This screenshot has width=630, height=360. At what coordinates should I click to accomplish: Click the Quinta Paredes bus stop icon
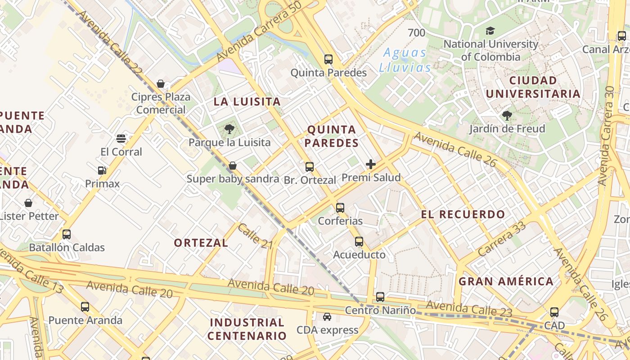tap(328, 59)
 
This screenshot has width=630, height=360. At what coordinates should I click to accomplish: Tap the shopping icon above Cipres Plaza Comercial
tap(160, 84)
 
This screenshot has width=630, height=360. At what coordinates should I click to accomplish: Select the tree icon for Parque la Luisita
tap(229, 130)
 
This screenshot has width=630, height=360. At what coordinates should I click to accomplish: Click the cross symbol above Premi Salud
tap(371, 164)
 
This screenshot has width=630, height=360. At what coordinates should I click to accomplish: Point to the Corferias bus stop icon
tap(340, 207)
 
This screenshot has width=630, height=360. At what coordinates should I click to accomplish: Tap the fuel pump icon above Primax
tap(102, 170)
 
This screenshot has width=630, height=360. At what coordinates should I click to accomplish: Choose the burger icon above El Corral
tap(121, 138)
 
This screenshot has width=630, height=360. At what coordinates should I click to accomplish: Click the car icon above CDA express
tap(327, 317)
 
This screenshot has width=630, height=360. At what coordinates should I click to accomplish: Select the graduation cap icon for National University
tap(490, 31)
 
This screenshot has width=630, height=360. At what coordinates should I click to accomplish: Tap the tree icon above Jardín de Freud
tap(507, 116)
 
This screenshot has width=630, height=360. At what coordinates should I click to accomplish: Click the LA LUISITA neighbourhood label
tap(247, 102)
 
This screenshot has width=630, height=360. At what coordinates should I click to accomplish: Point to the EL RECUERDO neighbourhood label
tap(463, 214)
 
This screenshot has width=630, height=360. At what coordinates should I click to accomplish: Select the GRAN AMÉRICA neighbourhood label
tap(506, 282)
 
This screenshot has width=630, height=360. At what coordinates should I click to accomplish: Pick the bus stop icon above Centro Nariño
tap(380, 297)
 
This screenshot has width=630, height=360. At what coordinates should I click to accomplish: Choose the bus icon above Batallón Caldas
tap(67, 234)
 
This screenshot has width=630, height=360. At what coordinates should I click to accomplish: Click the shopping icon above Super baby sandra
tap(233, 166)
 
